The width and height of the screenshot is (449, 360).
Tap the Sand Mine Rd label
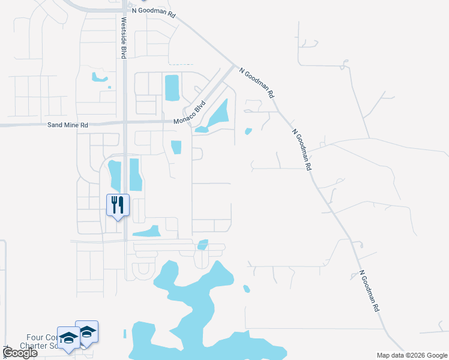[68, 125]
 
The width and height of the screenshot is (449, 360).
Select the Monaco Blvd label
[190, 112]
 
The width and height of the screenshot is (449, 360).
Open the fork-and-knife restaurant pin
[117, 205]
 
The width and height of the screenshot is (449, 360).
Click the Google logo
[20, 353]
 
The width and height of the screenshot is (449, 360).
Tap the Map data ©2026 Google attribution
[412, 355]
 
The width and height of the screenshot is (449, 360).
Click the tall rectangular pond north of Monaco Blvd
[172, 88]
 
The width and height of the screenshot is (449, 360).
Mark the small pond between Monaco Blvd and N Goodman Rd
[249, 131]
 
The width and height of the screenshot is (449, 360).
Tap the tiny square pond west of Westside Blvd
[109, 88]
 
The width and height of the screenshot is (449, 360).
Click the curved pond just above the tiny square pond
[99, 77]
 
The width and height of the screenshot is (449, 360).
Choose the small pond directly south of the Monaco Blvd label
[176, 147]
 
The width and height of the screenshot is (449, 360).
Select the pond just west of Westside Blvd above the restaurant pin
[114, 174]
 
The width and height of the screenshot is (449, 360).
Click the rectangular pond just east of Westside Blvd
[135, 175]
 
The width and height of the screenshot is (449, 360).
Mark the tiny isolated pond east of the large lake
[246, 289]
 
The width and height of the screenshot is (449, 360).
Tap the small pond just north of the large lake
[203, 244]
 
